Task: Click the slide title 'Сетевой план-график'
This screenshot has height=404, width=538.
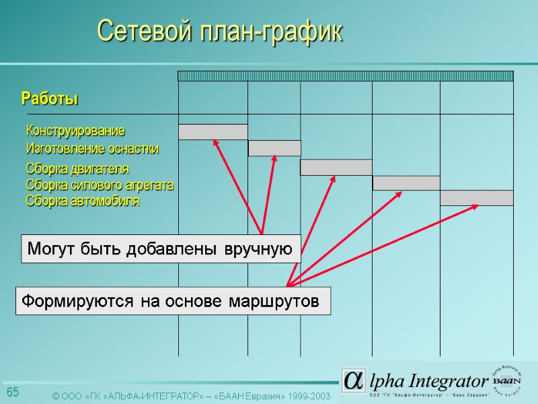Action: pyautogui.click(x=220, y=32)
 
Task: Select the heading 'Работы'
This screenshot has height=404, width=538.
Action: pyautogui.click(x=50, y=99)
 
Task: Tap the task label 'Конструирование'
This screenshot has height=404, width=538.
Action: pyautogui.click(x=75, y=129)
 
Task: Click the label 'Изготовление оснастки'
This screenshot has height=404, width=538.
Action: pyautogui.click(x=92, y=149)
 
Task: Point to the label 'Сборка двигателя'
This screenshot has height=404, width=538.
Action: pyautogui.click(x=77, y=168)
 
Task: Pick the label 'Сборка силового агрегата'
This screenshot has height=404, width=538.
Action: pyautogui.click(x=100, y=184)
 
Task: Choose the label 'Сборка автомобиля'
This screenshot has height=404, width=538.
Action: pyautogui.click(x=83, y=201)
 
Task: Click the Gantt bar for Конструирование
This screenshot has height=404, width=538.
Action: pyautogui.click(x=213, y=132)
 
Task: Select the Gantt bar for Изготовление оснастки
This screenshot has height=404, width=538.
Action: pyautogui.click(x=274, y=148)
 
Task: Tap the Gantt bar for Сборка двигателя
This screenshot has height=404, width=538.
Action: pyautogui.click(x=336, y=167)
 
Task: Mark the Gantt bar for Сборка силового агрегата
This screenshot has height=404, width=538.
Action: pyautogui.click(x=406, y=183)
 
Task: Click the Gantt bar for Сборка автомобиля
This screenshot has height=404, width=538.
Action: pyautogui.click(x=477, y=198)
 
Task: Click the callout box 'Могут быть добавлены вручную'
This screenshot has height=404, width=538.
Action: pyautogui.click(x=161, y=249)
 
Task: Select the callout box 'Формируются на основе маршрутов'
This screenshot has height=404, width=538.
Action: pyautogui.click(x=174, y=301)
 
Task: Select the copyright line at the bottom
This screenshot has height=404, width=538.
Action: pyautogui.click(x=191, y=397)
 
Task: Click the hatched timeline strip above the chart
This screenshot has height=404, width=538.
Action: pyautogui.click(x=346, y=76)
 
